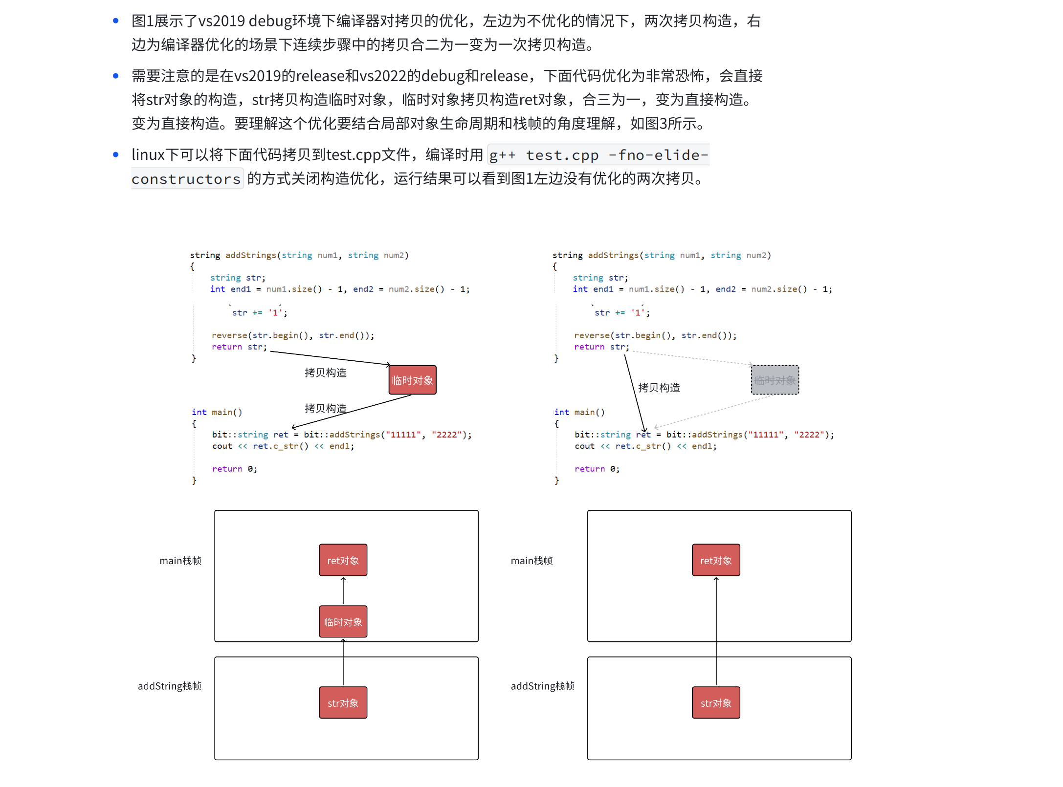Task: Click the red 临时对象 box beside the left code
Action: [x=412, y=380]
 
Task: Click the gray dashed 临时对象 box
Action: [x=775, y=380]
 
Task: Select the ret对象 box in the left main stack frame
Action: [x=343, y=560]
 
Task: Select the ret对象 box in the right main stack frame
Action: [x=715, y=560]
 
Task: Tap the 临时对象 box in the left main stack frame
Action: [x=343, y=622]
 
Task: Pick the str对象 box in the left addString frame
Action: [x=343, y=702]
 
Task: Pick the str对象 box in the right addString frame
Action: [x=715, y=702]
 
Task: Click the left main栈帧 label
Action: [x=180, y=560]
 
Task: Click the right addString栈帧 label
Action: [x=542, y=686]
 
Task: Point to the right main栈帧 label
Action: [x=531, y=560]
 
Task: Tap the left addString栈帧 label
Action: [x=169, y=686]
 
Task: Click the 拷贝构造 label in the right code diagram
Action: [x=659, y=388]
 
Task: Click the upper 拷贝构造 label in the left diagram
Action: [x=325, y=372]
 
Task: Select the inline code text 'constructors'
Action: [x=186, y=179]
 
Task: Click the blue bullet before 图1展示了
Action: [x=116, y=21]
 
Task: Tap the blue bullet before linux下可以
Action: [x=116, y=154]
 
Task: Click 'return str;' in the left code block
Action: [x=239, y=347]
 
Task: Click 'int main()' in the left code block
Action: [x=217, y=412]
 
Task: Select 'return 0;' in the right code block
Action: [x=597, y=469]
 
